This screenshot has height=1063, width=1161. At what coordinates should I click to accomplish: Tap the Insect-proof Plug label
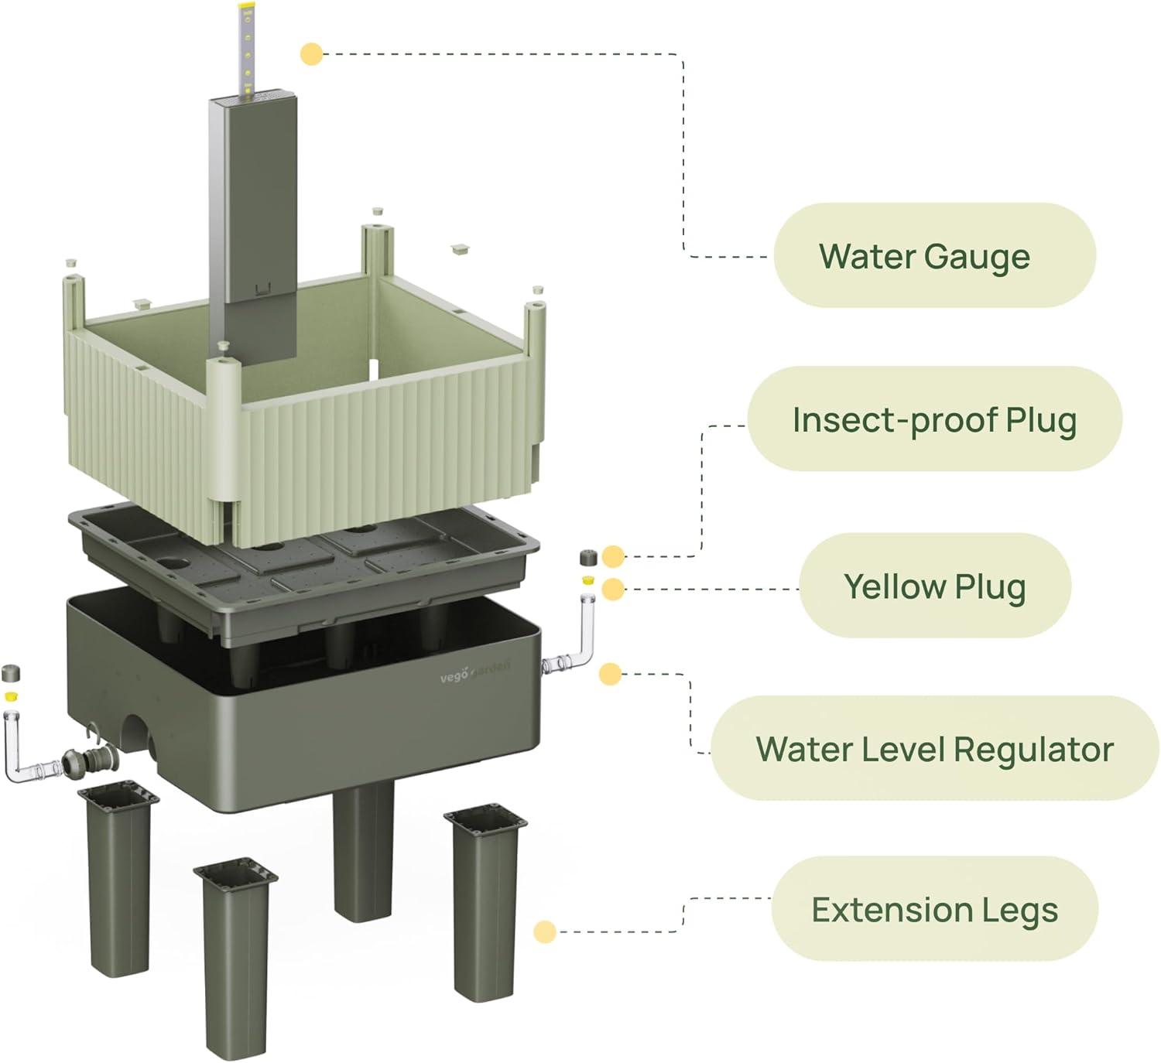point(934,419)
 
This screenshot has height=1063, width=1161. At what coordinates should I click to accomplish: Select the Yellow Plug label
point(934,586)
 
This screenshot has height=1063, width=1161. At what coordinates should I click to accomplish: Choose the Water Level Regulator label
point(934,748)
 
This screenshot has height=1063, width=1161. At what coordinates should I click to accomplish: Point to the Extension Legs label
point(934,909)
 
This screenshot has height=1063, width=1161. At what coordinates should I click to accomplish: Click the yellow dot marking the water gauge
point(311,54)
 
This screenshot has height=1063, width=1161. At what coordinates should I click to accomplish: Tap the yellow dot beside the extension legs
point(545,931)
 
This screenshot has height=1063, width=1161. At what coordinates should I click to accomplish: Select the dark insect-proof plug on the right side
point(588,557)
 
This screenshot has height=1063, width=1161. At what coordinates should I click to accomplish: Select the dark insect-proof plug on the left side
point(10,672)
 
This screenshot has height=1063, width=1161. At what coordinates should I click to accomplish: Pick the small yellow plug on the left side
point(10,696)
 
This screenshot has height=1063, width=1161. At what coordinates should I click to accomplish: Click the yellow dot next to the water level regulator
point(610,674)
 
